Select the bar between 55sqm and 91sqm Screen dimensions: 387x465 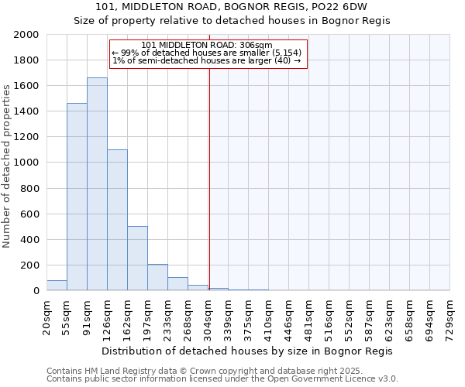pos(77,197)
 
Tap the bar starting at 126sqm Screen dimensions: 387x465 pos(117,220)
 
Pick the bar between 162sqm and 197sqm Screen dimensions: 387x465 pos(137,259)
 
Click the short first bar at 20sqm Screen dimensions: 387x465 pos(57,286)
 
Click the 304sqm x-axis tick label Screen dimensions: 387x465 pos(208,317)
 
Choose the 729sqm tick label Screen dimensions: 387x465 pos(450,317)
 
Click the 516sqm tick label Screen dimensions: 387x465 pos(329,317)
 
